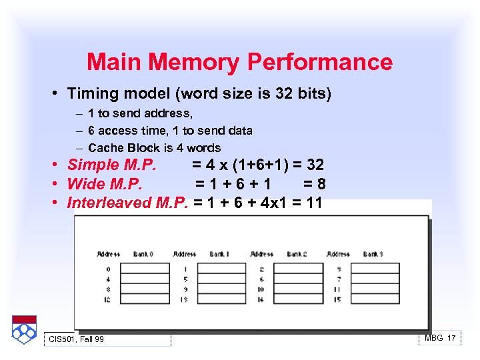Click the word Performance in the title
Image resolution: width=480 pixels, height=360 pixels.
click(x=320, y=63)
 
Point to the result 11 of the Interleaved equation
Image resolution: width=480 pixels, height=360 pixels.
click(x=313, y=203)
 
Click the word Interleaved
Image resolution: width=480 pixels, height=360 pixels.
click(x=109, y=203)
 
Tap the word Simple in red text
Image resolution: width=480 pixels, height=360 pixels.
click(x=92, y=165)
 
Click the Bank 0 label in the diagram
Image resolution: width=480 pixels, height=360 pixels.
click(x=143, y=254)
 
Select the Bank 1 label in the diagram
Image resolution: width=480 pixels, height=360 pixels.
click(x=219, y=254)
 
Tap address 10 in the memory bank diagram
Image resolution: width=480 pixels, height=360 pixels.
click(x=261, y=289)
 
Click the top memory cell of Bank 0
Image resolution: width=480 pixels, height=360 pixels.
click(x=145, y=269)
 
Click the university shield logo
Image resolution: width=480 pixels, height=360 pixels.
click(x=24, y=329)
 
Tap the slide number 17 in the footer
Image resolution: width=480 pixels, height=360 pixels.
click(x=452, y=338)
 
